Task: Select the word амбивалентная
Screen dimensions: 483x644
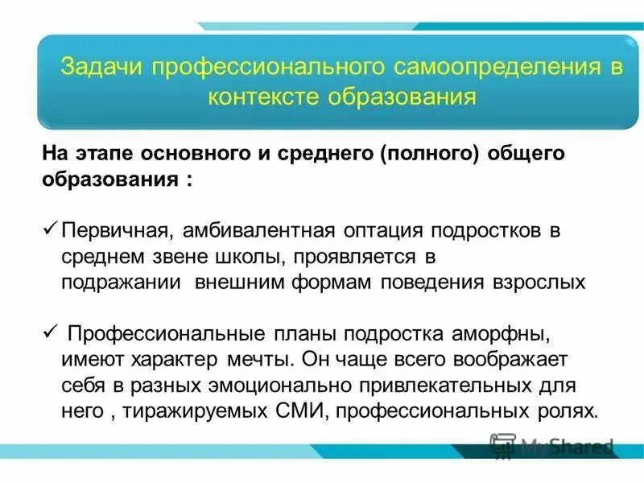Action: click(254, 231)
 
